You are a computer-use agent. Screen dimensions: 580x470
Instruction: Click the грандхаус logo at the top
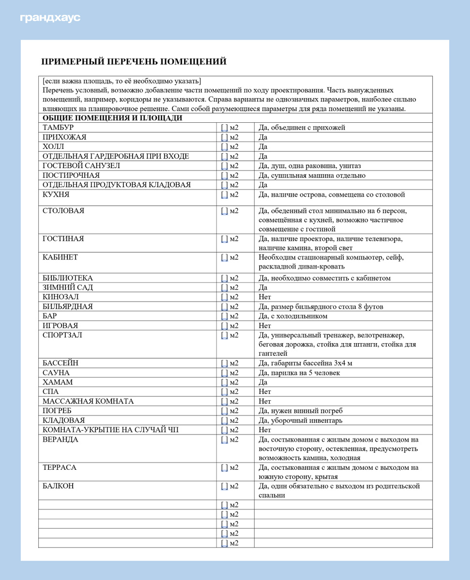click(x=50, y=18)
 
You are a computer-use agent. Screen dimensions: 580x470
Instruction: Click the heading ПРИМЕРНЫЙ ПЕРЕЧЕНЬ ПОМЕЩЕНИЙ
click(x=135, y=61)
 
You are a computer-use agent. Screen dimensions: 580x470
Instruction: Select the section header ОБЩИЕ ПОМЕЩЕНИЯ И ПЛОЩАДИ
click(x=112, y=118)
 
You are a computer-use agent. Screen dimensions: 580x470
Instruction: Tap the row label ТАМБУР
click(x=58, y=128)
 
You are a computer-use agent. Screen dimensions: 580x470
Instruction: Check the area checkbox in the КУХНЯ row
click(x=224, y=195)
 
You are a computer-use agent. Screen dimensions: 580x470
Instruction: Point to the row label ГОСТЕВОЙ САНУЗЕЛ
click(x=81, y=166)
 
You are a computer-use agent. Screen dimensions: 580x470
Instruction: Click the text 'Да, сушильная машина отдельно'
click(x=312, y=175)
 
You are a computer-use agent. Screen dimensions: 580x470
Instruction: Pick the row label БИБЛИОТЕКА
click(x=68, y=278)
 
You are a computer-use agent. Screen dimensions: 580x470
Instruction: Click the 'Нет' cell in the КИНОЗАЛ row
click(x=265, y=297)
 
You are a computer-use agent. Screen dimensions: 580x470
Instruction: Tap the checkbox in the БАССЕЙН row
click(x=224, y=363)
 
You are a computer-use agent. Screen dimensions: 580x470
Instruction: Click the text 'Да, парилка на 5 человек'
click(x=300, y=373)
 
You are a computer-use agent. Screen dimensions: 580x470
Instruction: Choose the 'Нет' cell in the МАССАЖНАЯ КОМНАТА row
click(x=265, y=402)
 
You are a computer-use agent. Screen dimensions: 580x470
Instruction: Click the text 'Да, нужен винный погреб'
click(x=301, y=411)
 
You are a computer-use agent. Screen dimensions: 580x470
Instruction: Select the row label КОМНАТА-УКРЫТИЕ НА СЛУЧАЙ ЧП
click(x=114, y=430)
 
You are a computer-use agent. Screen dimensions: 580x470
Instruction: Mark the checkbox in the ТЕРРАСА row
click(x=224, y=468)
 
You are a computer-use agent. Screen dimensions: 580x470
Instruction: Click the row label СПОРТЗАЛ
click(x=62, y=335)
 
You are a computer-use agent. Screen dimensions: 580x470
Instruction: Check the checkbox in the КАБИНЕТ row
click(x=224, y=258)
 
